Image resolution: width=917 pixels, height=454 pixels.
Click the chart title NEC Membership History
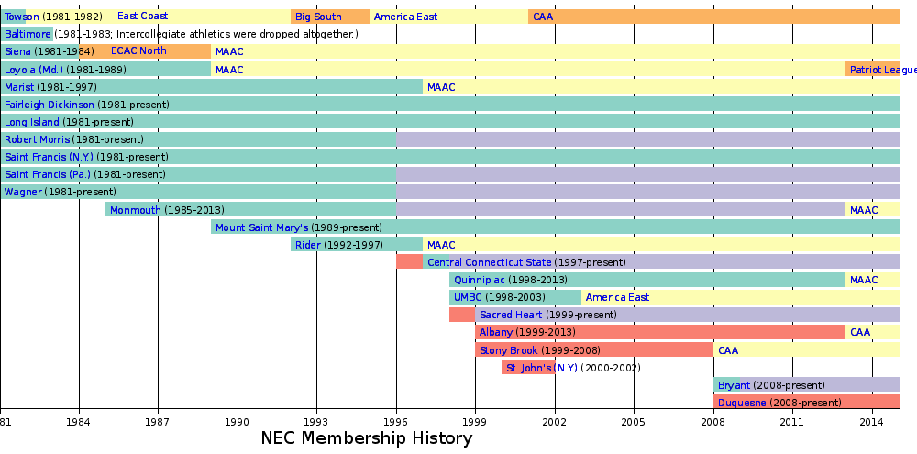[367, 438]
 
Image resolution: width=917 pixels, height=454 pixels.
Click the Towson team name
[22, 17]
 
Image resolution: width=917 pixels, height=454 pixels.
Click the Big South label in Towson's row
[318, 17]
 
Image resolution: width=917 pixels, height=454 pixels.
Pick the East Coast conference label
[142, 17]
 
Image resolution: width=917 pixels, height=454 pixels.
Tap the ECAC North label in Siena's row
[138, 51]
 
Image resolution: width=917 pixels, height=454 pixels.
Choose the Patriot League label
[882, 70]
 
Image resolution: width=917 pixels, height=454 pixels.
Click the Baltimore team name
[28, 34]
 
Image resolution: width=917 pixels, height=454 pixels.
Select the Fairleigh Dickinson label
[50, 105]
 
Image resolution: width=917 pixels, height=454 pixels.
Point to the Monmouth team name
[136, 210]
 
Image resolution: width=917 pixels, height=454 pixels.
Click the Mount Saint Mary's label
[262, 227]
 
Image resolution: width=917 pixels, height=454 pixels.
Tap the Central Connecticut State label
[490, 262]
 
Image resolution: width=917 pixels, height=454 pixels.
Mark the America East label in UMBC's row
[617, 297]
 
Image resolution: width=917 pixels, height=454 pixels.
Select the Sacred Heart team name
[511, 315]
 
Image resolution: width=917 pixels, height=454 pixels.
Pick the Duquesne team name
[743, 403]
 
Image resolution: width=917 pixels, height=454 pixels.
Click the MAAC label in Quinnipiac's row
[864, 280]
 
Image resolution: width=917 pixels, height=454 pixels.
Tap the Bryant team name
[734, 385]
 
